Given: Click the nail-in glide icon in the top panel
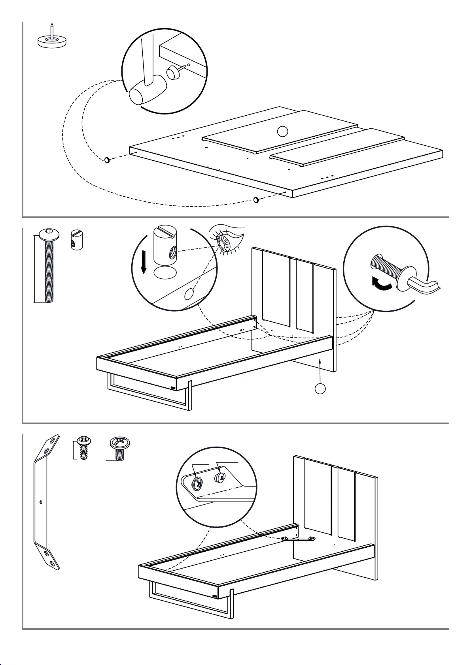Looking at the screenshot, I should point(52,39).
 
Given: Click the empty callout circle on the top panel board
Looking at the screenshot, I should point(282,131).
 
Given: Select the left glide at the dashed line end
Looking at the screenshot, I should point(107,160).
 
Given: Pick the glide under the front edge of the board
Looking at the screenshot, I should point(256,200).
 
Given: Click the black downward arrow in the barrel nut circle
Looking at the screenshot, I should point(144,262).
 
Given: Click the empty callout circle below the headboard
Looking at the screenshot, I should point(321,388).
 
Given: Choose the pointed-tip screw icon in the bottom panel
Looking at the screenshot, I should point(83,447).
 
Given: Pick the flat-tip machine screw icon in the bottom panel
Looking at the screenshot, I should point(119,449).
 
